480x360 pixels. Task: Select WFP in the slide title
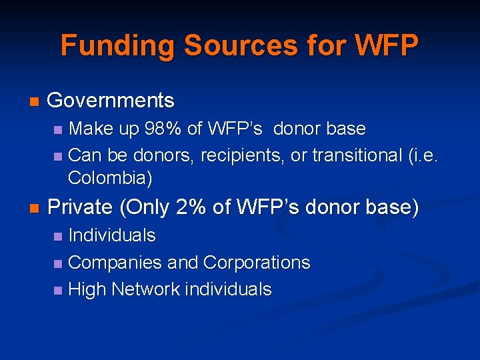(387, 46)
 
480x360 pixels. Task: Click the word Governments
(111, 101)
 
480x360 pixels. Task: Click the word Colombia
(107, 179)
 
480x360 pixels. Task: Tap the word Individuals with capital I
(112, 235)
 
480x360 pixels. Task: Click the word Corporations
(257, 263)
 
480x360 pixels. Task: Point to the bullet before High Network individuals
(57, 291)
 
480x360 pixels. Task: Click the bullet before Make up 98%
(57, 129)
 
